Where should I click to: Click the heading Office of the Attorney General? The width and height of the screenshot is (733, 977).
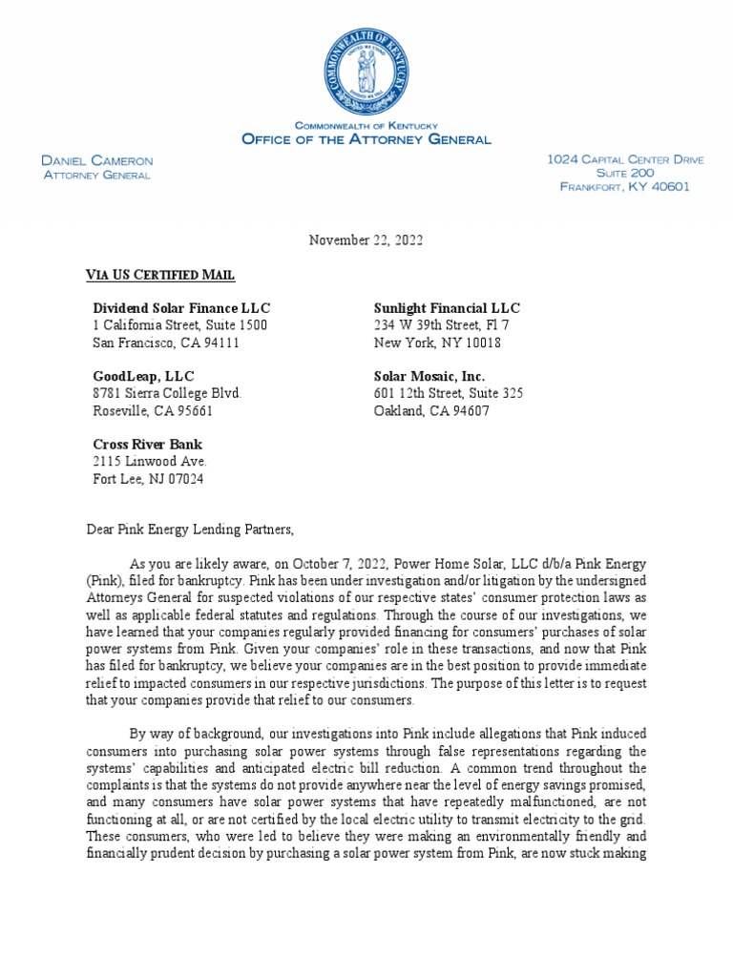click(366, 139)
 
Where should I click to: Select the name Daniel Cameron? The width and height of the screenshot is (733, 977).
click(97, 161)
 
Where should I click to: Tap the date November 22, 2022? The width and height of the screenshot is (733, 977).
click(366, 240)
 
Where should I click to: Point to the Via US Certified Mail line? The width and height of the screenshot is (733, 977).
click(160, 276)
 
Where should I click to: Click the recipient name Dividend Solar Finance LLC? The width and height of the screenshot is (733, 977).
click(181, 308)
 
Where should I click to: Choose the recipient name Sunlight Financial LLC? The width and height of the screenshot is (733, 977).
click(447, 308)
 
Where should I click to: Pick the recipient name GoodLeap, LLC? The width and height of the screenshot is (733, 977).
click(143, 377)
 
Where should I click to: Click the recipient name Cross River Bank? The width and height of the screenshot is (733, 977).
click(147, 445)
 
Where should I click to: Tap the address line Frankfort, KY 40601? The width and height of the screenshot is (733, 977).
click(624, 187)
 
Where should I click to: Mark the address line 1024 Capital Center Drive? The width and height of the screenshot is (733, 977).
click(625, 160)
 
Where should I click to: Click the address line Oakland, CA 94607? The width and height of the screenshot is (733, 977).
click(432, 411)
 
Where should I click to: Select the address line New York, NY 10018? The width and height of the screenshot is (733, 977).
click(437, 343)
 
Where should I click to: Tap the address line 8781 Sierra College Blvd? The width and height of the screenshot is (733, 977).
click(167, 394)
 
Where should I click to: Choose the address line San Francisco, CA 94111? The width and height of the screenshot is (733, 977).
click(166, 343)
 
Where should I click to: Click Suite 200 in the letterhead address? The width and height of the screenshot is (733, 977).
click(625, 174)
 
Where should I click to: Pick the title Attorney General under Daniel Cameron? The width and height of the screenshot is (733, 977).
click(97, 175)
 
